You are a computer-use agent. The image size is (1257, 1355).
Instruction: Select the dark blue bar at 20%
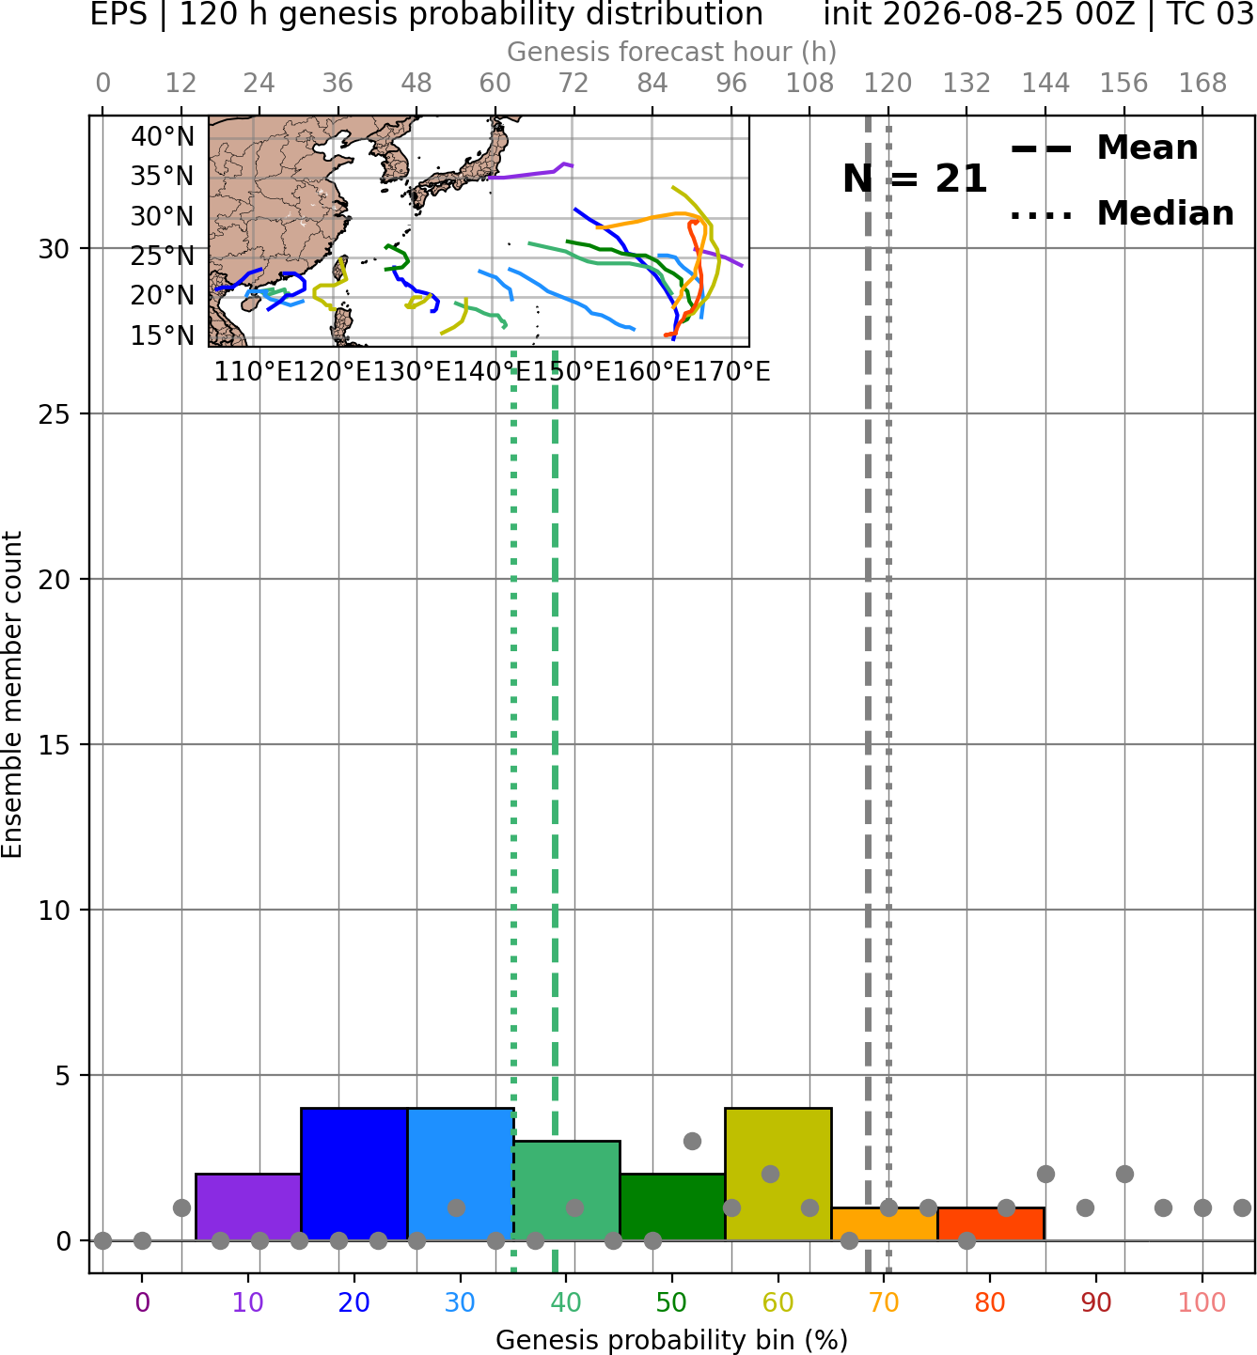click(354, 1175)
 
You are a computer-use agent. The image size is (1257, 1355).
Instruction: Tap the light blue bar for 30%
click(461, 1175)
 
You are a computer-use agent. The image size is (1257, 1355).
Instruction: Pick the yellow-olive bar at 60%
click(778, 1175)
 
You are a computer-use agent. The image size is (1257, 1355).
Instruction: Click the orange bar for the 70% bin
click(884, 1224)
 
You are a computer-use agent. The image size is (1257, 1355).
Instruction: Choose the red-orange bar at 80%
click(991, 1224)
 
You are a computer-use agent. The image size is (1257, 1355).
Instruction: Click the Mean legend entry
click(1104, 148)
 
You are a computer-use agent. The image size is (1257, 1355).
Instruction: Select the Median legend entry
click(1123, 213)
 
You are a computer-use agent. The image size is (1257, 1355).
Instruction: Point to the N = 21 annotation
click(915, 179)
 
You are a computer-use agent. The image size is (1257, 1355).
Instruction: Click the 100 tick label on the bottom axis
click(1202, 1302)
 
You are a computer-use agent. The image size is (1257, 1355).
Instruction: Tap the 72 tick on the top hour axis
click(574, 84)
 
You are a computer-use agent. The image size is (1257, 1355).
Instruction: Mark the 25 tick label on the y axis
click(55, 414)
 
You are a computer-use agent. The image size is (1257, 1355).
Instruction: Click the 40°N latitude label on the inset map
click(163, 136)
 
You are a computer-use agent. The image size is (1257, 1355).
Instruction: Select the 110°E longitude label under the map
click(253, 372)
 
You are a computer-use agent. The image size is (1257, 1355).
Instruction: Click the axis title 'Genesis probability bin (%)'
click(672, 1340)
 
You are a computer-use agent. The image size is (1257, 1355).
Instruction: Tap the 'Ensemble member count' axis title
click(12, 694)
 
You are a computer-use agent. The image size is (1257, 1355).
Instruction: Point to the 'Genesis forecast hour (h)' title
click(672, 52)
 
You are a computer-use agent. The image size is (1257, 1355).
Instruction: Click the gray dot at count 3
click(692, 1142)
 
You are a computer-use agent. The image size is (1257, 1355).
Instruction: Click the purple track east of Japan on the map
click(531, 172)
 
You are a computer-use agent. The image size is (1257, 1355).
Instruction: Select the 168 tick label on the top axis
click(1202, 84)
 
